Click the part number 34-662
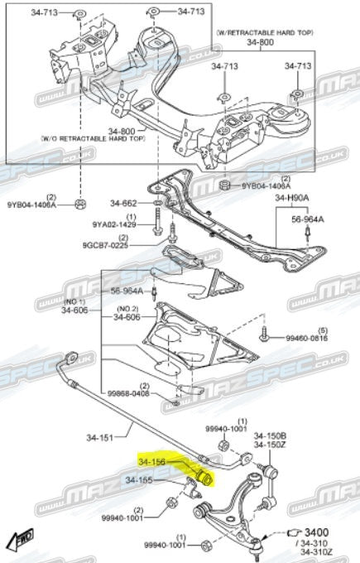pyautogui.click(x=124, y=203)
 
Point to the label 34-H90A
pyautogui.click(x=291, y=199)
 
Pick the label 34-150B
pyautogui.click(x=270, y=435)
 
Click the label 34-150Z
pyautogui.click(x=270, y=445)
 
